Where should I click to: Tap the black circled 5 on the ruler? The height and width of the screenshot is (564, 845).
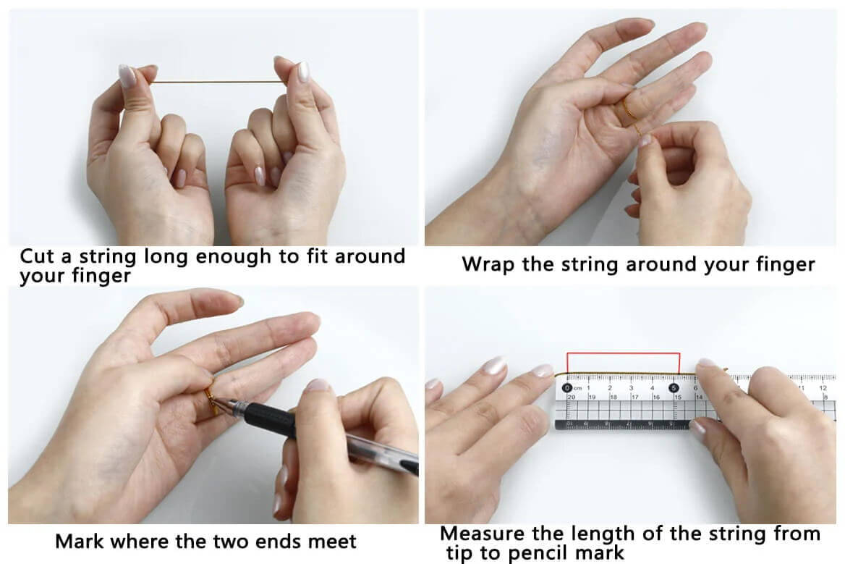tap(674, 387)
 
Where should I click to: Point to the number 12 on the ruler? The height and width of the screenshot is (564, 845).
tap(823, 387)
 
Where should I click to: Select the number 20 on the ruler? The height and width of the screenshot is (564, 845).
tap(572, 397)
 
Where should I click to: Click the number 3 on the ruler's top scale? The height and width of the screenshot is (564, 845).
tap(631, 387)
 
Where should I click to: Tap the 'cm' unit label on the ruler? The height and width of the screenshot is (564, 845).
tap(578, 388)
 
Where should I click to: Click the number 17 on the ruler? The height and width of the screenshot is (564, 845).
tap(634, 397)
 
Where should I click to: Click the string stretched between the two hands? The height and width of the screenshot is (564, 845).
tap(217, 82)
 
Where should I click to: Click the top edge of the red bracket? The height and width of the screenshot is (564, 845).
tap(624, 354)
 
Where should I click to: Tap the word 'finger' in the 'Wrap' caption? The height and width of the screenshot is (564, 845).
tap(785, 265)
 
